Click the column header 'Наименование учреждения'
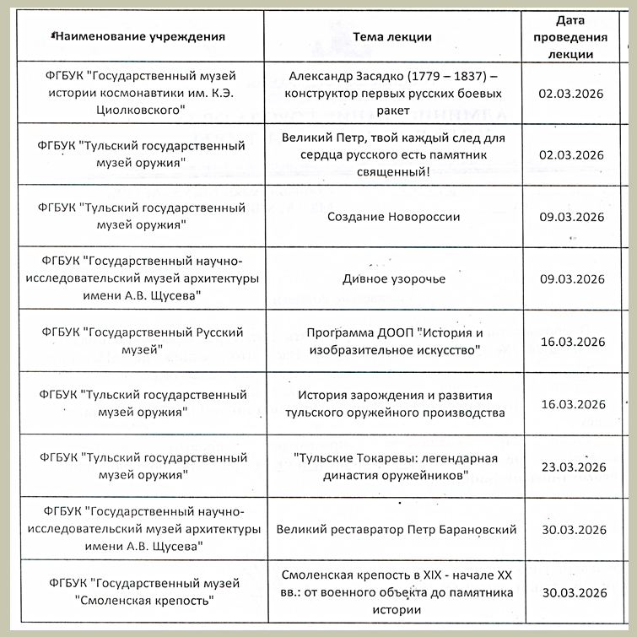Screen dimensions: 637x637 tap(138, 36)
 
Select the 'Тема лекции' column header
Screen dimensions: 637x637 tap(392, 36)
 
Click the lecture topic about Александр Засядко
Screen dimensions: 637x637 tap(394, 93)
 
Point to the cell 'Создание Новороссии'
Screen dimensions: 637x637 tap(394, 217)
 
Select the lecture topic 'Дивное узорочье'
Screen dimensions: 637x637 tap(394, 279)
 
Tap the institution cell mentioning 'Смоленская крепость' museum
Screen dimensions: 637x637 tap(143, 592)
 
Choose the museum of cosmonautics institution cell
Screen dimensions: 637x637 tap(143, 93)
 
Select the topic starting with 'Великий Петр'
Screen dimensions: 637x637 tap(394, 154)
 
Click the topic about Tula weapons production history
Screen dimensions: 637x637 tap(394, 404)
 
